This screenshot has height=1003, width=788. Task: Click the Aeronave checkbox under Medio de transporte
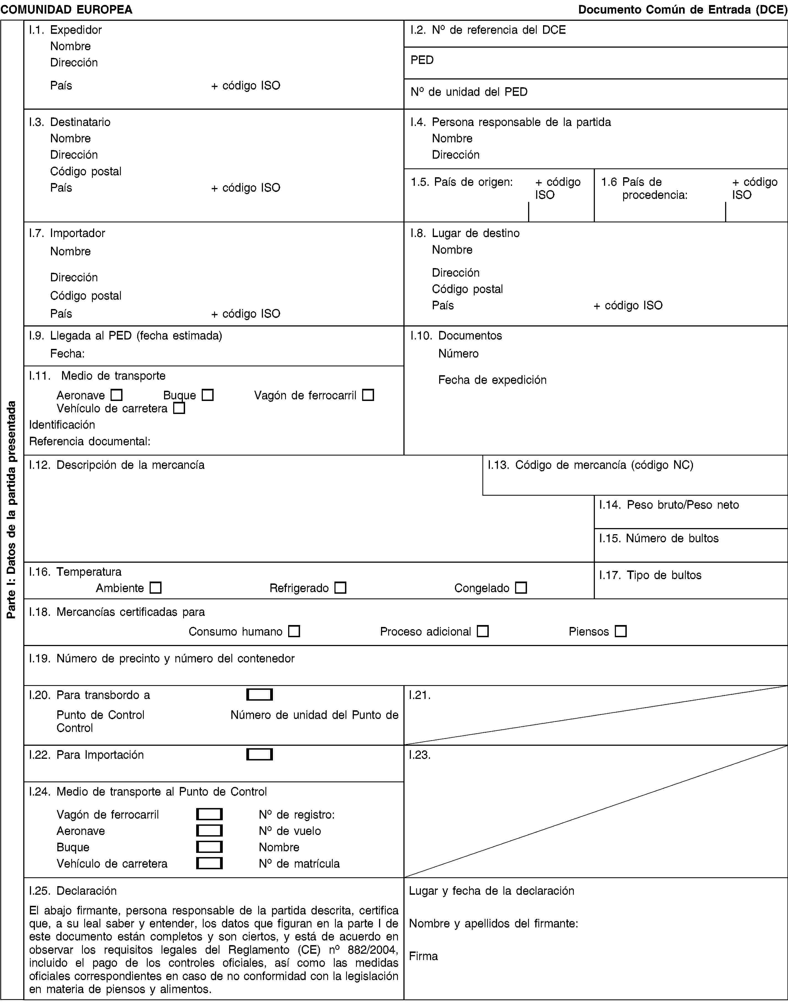point(116,395)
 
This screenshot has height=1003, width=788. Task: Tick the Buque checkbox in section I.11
point(208,395)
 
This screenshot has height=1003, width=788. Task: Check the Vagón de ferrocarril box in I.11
point(368,395)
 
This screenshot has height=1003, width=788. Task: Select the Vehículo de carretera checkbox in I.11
point(179,408)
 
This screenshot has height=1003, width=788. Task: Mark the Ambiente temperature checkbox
point(155,588)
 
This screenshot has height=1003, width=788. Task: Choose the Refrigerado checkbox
point(341,588)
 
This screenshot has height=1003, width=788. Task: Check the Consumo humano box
point(294,631)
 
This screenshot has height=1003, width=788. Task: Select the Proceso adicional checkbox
point(483,631)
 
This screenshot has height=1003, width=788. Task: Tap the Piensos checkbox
point(621,631)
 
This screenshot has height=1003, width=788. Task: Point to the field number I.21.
point(420,695)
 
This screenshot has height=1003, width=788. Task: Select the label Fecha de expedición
point(492,380)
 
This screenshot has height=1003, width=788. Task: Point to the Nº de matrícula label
point(299,864)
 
